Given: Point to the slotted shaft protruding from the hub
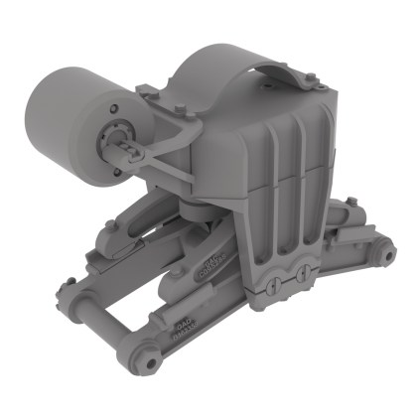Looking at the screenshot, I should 130,151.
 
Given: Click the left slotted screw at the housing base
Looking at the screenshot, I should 271,286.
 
